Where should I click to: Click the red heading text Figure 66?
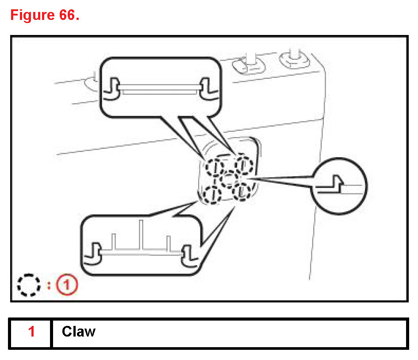coord(44,15)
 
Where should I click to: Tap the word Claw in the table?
coord(78,332)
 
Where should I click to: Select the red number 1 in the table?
coord(31,332)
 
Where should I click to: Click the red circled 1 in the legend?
coord(67,286)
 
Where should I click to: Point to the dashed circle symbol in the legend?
coord(29,286)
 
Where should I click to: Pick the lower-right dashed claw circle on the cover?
coord(242,191)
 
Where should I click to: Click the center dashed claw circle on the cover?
coord(229,179)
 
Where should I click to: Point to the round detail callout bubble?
coord(340,186)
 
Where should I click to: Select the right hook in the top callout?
coord(207,89)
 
